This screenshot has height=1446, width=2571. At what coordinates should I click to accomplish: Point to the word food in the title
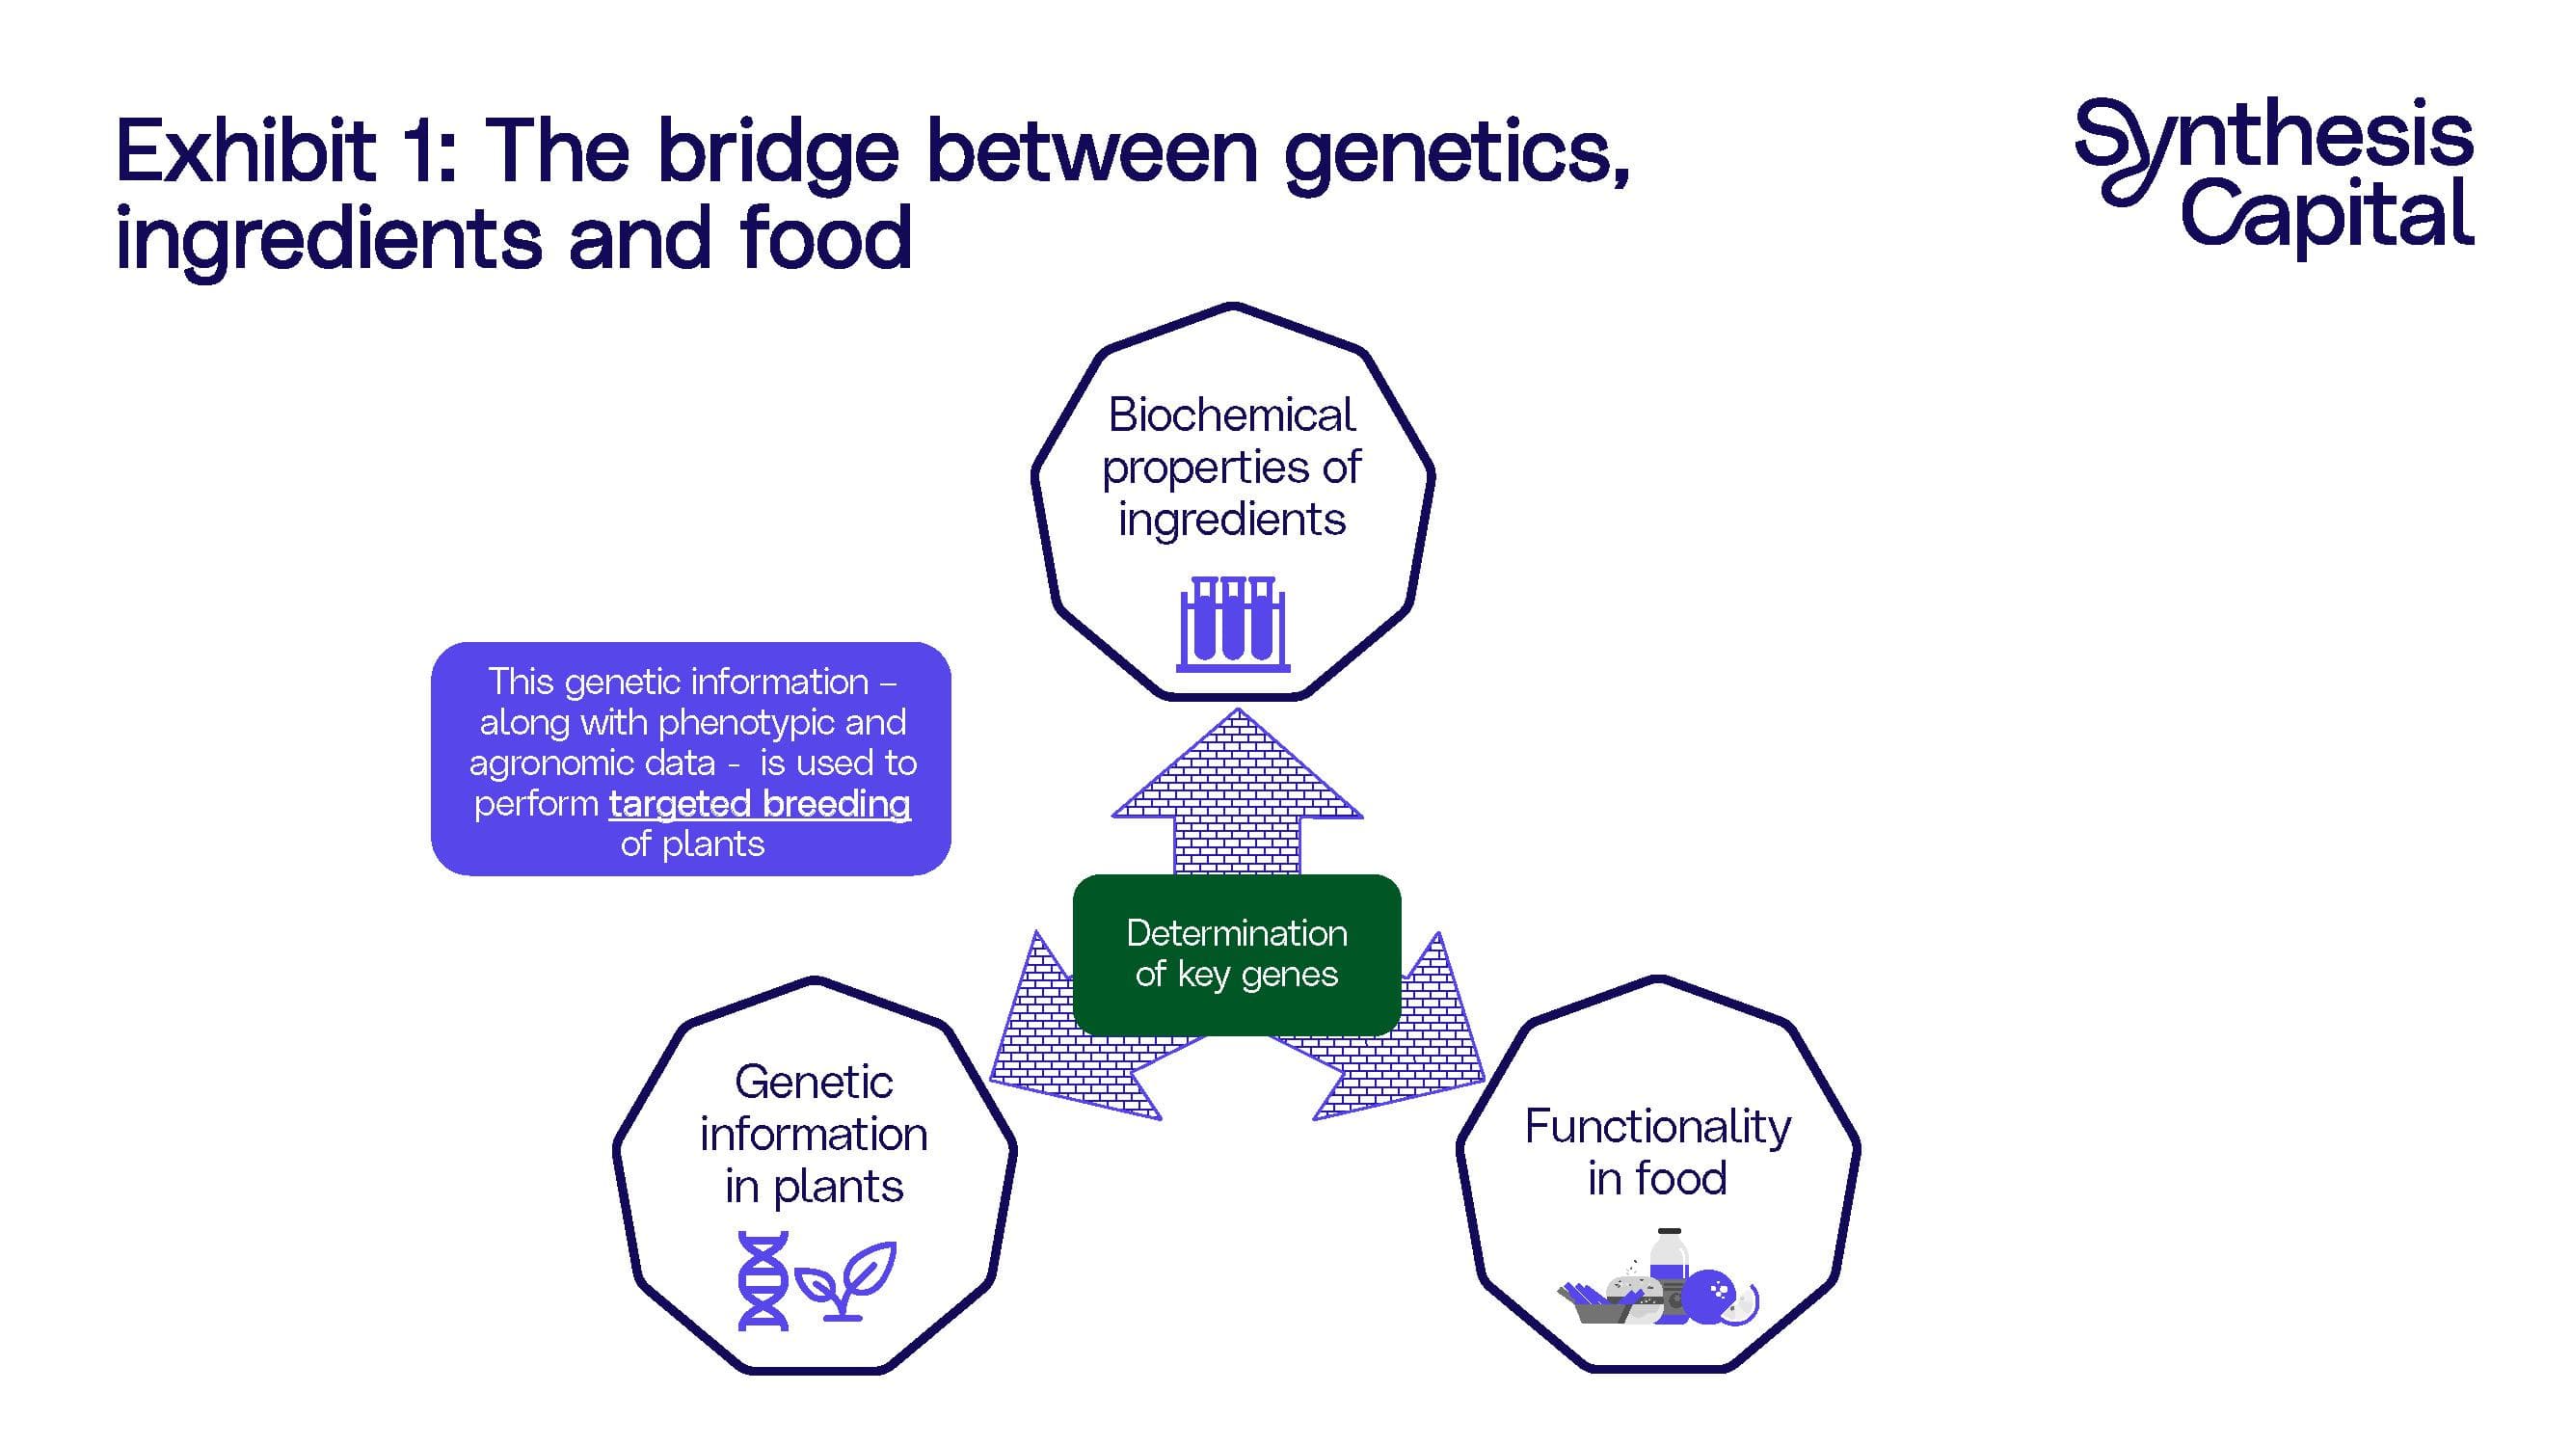(x=825, y=237)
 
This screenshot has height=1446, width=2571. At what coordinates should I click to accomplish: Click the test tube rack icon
(x=1234, y=623)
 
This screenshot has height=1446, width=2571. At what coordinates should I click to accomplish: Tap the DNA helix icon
(x=763, y=1280)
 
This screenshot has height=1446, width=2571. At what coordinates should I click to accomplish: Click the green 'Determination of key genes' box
(x=1237, y=954)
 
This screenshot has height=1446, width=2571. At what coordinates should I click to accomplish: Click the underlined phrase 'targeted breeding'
(x=760, y=803)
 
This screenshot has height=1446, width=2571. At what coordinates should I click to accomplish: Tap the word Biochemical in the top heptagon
(x=1232, y=415)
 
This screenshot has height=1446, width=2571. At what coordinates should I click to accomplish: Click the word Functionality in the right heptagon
(x=1658, y=1128)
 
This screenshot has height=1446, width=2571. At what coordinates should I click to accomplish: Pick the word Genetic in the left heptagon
(x=814, y=1082)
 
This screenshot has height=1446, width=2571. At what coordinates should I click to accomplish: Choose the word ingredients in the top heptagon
(x=1232, y=520)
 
